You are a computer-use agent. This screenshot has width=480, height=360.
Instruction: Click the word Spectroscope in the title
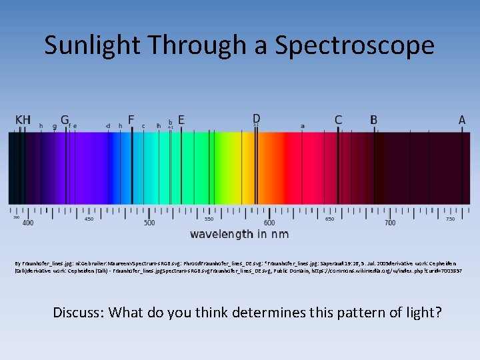(x=355, y=45)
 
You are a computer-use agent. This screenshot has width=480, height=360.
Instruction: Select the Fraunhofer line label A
(x=462, y=120)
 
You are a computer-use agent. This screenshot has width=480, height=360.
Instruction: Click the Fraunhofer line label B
(x=373, y=120)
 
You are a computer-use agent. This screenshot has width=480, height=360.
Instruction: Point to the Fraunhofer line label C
(x=338, y=120)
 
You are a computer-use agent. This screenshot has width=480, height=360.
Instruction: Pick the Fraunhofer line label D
(x=256, y=118)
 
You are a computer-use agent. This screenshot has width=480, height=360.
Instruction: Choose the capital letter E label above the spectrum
(x=181, y=120)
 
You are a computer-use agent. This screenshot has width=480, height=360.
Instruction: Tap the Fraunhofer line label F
(x=131, y=120)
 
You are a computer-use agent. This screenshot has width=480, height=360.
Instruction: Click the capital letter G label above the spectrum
(x=65, y=120)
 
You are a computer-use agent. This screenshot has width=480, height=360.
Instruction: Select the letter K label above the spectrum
(x=19, y=120)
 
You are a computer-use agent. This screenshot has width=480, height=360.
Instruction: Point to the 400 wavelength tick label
(x=27, y=223)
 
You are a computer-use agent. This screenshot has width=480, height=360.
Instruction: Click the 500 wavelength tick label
(x=149, y=223)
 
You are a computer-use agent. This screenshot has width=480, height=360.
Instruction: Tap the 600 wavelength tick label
(x=269, y=223)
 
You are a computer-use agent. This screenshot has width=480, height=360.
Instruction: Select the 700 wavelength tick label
(x=390, y=223)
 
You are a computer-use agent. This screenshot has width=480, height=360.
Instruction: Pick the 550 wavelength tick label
(x=209, y=218)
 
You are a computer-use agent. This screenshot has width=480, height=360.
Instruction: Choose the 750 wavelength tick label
(x=450, y=218)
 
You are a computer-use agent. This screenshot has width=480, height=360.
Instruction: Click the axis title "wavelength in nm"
(x=239, y=234)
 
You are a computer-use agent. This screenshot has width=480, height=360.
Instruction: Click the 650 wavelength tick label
(x=329, y=218)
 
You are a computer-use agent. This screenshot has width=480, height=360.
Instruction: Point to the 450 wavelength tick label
(x=89, y=218)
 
